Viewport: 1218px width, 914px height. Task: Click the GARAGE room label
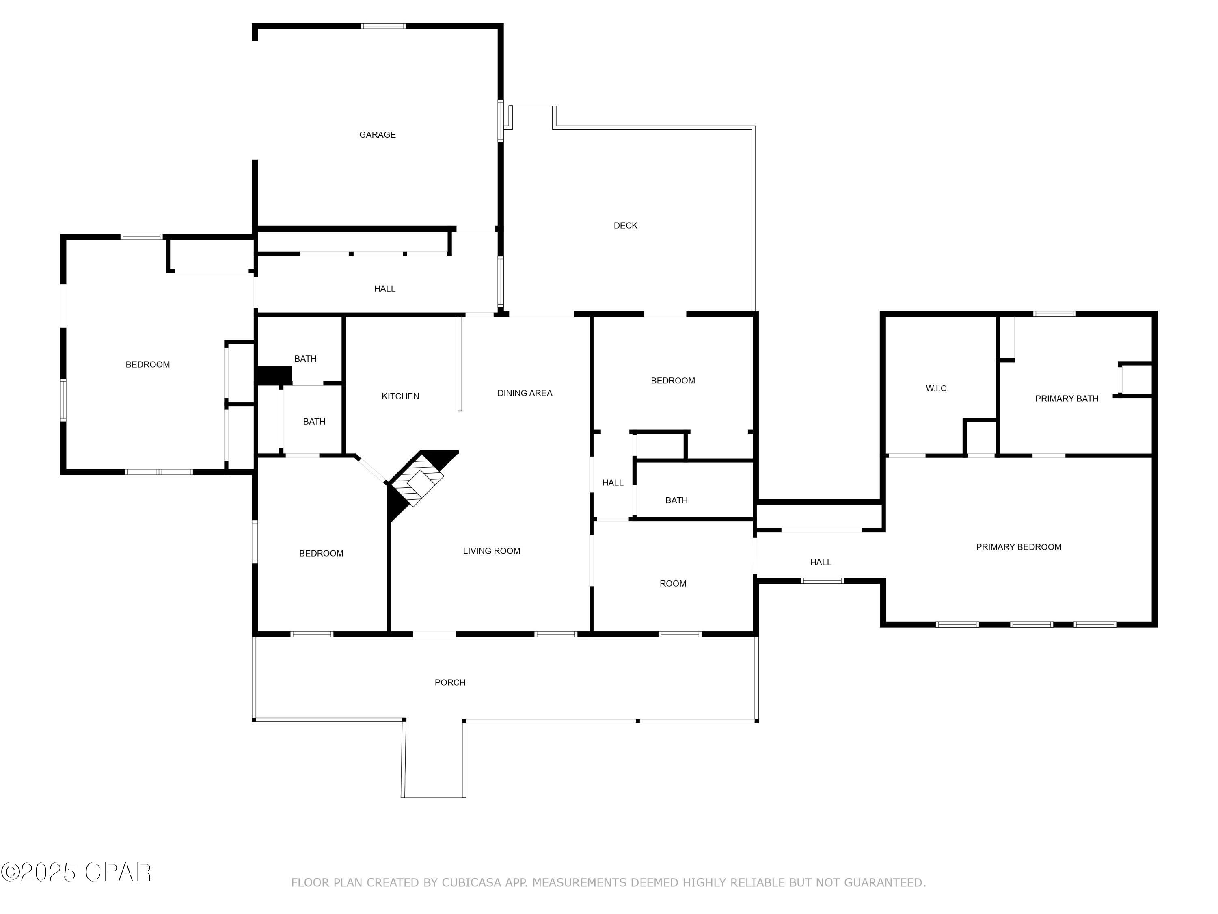click(377, 134)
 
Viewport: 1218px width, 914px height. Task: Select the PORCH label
click(450, 682)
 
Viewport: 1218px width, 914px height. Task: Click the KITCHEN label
click(400, 396)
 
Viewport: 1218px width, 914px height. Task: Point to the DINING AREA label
click(524, 393)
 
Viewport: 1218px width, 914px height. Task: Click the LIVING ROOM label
click(491, 551)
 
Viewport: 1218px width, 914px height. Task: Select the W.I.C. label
click(937, 388)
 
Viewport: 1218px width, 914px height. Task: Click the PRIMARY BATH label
click(1066, 399)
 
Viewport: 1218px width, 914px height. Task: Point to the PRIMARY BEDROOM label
click(1018, 546)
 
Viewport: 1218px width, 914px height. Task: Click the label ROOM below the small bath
click(672, 583)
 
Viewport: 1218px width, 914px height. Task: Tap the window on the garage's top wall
click(383, 26)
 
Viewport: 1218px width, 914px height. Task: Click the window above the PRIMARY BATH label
click(1054, 314)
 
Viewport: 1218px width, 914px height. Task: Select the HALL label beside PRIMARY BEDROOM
click(821, 562)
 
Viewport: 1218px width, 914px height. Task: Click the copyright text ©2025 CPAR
click(76, 872)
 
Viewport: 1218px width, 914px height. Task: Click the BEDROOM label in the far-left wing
click(147, 364)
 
